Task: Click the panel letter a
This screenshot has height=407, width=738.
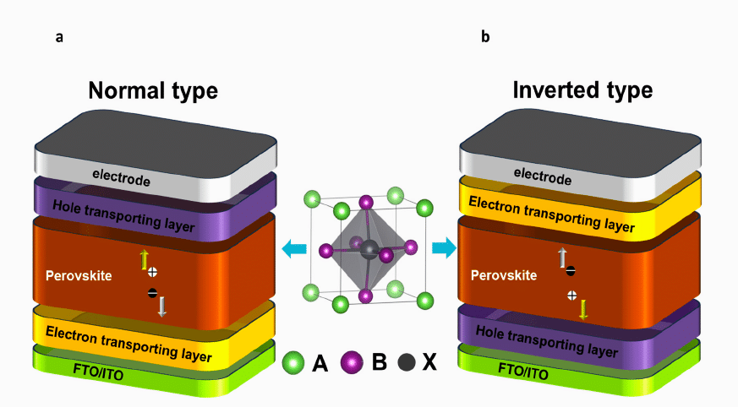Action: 59,37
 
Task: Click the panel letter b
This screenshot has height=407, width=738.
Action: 484,37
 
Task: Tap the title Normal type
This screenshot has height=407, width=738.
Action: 153,90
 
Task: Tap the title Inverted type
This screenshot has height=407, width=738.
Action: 583,90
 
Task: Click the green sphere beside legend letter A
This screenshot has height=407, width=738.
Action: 293,363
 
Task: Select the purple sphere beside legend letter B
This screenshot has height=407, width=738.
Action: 352,363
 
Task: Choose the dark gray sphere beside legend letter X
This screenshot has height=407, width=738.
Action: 407,363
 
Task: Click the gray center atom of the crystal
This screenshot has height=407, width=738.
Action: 369,249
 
